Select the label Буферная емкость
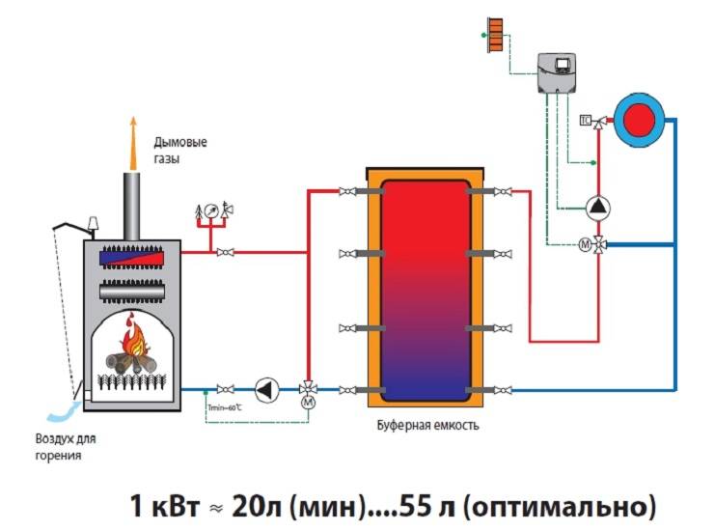pyautogui.click(x=425, y=425)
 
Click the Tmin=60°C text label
pyautogui.click(x=226, y=408)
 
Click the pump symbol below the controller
pyautogui.click(x=598, y=206)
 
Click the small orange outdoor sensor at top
pyautogui.click(x=494, y=36)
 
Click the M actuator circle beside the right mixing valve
pyautogui.click(x=584, y=244)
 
